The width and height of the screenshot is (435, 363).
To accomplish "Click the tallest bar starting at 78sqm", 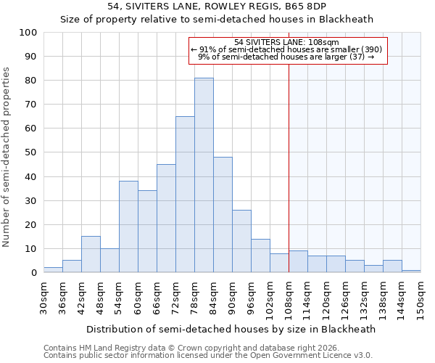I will point(204,175).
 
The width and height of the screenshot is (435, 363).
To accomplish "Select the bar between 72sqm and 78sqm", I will point(185,195).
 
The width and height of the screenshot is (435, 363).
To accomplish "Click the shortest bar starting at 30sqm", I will point(53,269).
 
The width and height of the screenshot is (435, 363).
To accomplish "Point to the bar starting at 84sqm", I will point(223,215).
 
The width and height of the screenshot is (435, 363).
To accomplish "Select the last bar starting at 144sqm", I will point(411,271).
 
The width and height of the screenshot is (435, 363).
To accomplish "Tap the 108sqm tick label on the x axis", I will point(289,298).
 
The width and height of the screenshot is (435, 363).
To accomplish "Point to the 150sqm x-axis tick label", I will point(420,298).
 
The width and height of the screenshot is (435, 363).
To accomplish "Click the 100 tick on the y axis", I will point(28,33).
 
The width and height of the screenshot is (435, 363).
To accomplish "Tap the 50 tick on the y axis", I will point(31,152).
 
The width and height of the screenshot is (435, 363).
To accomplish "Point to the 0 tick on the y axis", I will point(33,273).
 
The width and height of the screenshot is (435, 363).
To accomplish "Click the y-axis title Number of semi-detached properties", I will point(7,157).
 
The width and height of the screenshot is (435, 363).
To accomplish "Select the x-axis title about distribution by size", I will point(231,329).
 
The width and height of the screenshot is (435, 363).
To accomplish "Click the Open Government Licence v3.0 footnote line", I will point(207,356).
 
